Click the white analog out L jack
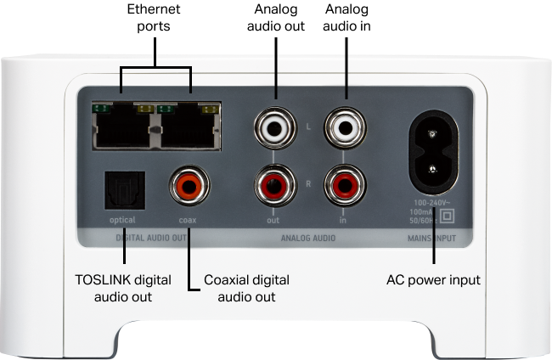(x=276, y=129)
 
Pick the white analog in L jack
(x=344, y=129)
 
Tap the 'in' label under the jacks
(x=343, y=220)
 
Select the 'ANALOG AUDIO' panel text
(x=307, y=239)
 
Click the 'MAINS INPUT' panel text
(x=431, y=239)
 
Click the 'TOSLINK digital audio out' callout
(x=123, y=288)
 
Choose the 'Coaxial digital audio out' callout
(x=246, y=288)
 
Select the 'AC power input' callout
(x=433, y=279)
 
